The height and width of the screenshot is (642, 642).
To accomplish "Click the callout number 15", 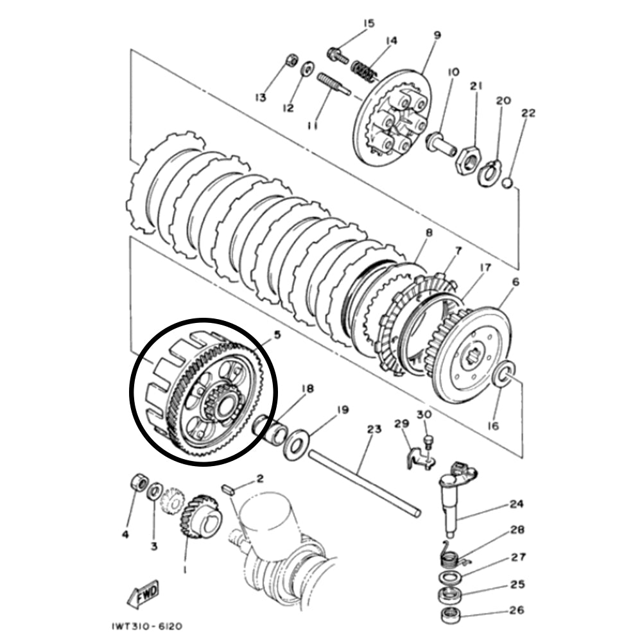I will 368,24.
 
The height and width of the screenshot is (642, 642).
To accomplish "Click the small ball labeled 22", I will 507,182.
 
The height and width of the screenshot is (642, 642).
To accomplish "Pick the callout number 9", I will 437,35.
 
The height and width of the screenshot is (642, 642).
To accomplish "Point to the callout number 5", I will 277,334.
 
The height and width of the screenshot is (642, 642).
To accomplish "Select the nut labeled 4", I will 137,483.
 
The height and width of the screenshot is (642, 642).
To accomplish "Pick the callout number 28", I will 517,530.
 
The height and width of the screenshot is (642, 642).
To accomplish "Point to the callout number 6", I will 516,281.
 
